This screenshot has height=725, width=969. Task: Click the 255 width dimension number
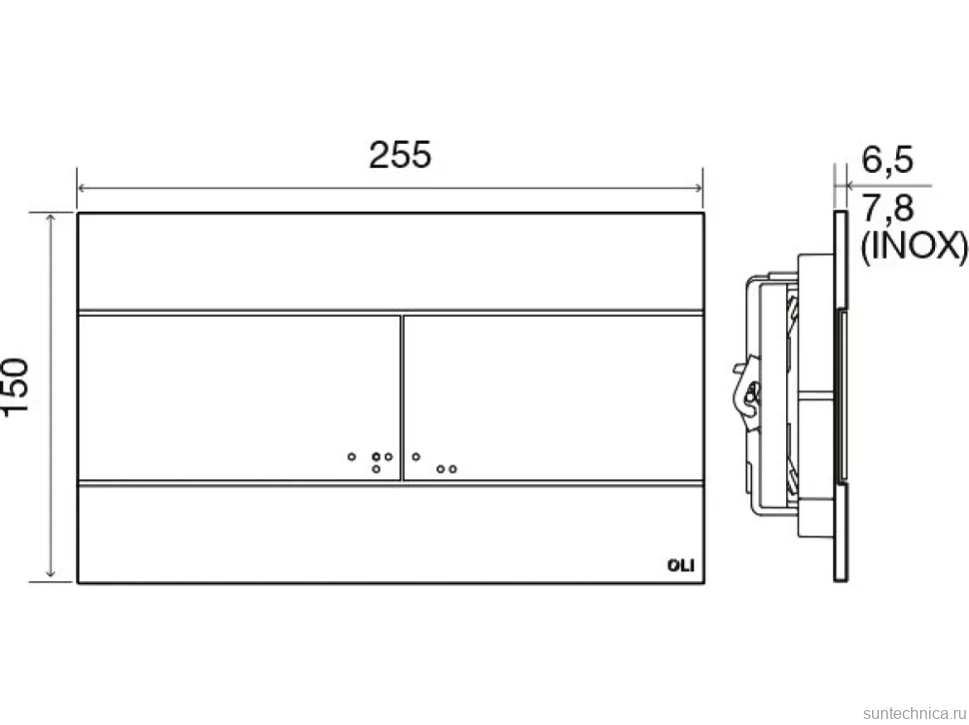click(x=400, y=155)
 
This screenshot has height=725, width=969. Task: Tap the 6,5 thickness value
click(x=887, y=160)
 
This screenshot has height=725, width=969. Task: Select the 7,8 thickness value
click(x=887, y=208)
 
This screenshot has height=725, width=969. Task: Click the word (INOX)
click(x=914, y=247)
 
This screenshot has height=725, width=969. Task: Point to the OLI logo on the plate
click(x=681, y=565)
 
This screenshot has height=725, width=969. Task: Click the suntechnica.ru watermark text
click(x=915, y=713)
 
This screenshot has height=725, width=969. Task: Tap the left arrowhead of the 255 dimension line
click(x=81, y=188)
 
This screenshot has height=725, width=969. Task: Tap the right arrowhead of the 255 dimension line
click(x=698, y=188)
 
